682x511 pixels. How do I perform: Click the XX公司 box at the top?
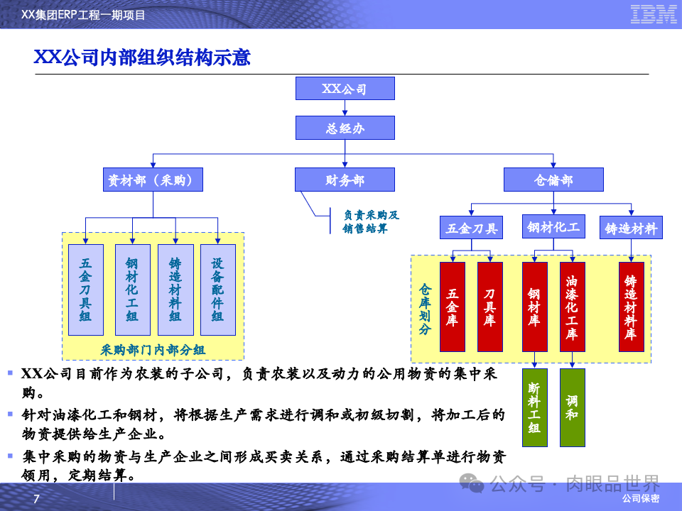[x=345, y=89]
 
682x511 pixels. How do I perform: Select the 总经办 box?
[x=345, y=128]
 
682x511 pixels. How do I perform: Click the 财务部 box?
[x=345, y=180]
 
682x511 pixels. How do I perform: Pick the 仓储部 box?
[x=553, y=180]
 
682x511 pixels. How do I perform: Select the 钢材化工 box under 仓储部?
[x=553, y=227]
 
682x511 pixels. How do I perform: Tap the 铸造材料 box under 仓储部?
[x=631, y=229]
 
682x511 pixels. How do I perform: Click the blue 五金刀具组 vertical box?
[x=85, y=290]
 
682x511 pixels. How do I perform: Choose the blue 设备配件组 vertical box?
[x=218, y=290]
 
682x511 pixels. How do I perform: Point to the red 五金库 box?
[x=453, y=307]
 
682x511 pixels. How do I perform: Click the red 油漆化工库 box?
[x=572, y=307]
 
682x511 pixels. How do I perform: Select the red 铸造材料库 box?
[x=631, y=307]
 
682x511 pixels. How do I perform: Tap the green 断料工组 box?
[x=534, y=407]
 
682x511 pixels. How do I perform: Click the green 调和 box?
[x=572, y=407]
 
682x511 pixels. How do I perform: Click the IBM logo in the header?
[x=653, y=13]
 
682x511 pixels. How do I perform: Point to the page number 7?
[x=37, y=500]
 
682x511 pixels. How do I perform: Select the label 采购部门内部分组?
[x=153, y=349]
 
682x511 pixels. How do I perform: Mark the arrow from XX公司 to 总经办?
[x=345, y=108]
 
